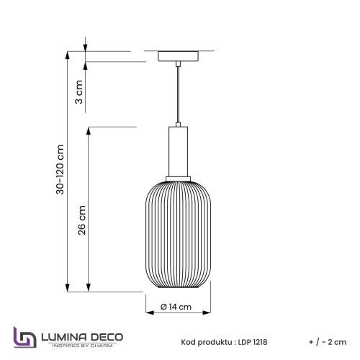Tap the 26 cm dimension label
[x=82, y=220]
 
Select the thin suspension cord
[x=176, y=94]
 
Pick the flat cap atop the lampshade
[x=176, y=177]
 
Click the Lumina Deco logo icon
[x=24, y=338]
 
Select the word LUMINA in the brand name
[x=64, y=336]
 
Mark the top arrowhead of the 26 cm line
[x=89, y=130]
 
